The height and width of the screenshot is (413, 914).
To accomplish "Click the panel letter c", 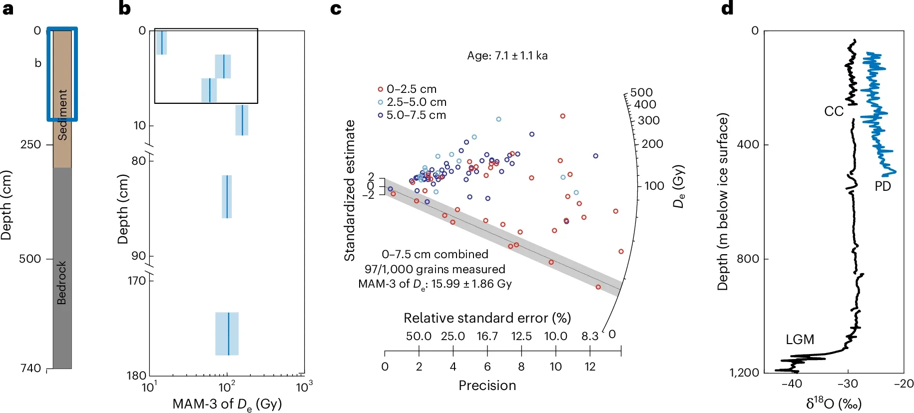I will point(336,9).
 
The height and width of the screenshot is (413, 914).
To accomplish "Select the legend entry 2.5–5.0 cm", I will point(416,102).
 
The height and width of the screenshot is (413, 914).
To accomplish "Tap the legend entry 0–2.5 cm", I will point(411,89).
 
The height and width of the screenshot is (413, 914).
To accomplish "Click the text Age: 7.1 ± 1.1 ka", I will point(507,55).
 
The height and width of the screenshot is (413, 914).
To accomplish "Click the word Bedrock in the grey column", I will point(61,283).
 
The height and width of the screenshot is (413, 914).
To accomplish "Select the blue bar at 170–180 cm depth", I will point(227,334).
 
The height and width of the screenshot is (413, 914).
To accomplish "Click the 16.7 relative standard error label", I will point(487,336).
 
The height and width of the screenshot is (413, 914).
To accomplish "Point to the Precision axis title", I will point(487,386).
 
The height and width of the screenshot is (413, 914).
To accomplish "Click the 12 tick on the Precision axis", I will point(590,367).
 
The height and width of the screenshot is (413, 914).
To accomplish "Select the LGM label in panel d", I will point(800,340).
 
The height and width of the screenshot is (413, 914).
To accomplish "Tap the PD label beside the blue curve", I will point(883,186).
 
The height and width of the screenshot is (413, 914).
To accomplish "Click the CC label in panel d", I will point(833,111).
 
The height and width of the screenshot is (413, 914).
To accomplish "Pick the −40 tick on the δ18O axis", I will point(792,384).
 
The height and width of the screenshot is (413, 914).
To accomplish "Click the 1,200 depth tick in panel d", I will point(744,373).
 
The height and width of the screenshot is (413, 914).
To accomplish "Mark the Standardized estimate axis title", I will point(349,190).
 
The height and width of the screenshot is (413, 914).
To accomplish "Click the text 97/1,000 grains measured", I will point(435,269).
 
